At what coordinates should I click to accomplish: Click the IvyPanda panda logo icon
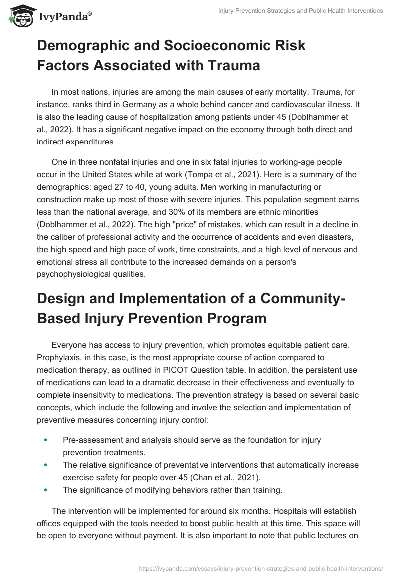[x=19, y=16]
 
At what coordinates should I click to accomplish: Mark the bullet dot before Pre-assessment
[x=46, y=440]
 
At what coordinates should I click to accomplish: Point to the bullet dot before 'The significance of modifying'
[x=46, y=490]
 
